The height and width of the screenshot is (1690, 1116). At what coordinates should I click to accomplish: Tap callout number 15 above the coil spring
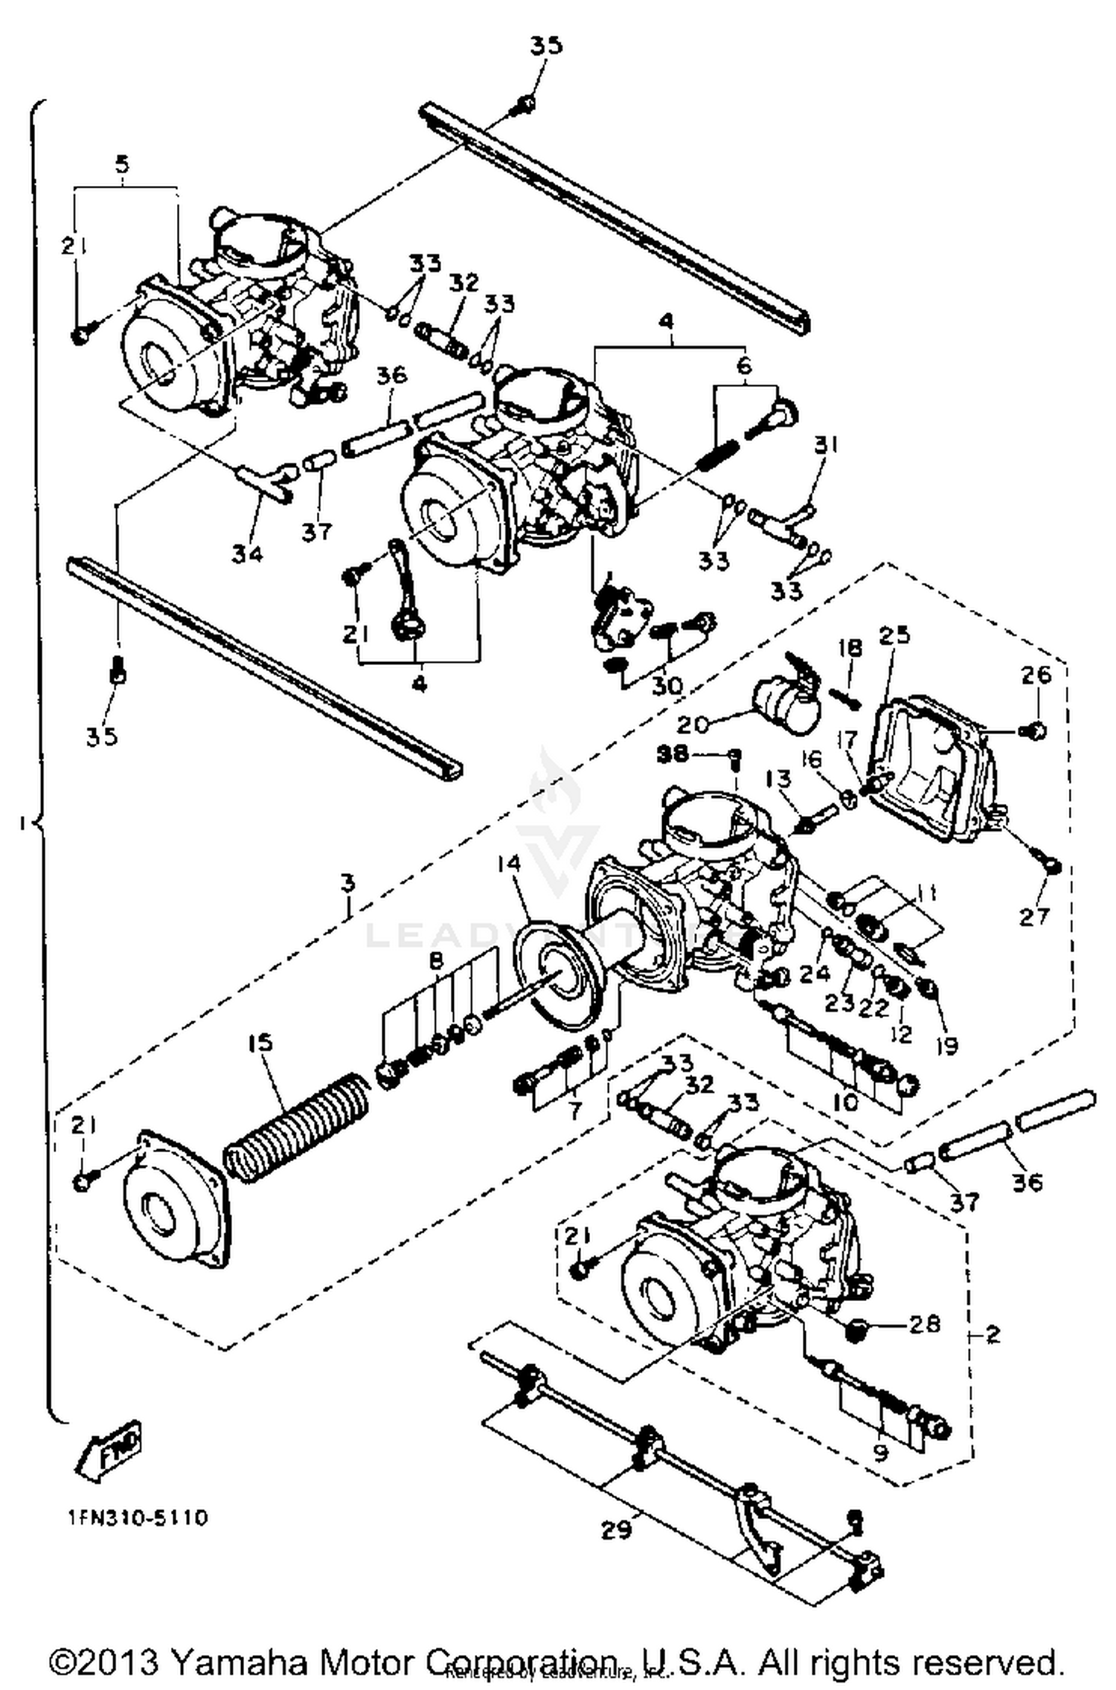[261, 1042]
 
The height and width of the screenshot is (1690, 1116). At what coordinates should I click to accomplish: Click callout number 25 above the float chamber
[894, 635]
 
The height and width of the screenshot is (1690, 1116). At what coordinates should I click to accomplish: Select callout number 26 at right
[1036, 675]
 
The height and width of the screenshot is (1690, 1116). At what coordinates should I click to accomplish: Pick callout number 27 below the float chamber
[1034, 916]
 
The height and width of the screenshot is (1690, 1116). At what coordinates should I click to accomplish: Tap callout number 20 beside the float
[693, 723]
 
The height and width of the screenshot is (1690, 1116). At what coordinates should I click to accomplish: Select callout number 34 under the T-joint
[247, 553]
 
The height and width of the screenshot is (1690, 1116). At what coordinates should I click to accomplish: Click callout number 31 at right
[826, 445]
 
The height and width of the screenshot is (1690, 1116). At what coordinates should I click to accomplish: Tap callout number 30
[667, 685]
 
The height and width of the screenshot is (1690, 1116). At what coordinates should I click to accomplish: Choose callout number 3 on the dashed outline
[348, 884]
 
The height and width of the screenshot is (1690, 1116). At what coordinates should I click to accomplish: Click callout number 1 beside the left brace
[24, 823]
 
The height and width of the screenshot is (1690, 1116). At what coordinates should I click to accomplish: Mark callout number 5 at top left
[123, 164]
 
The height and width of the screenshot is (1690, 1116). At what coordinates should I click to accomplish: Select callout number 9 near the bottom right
[881, 1452]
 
